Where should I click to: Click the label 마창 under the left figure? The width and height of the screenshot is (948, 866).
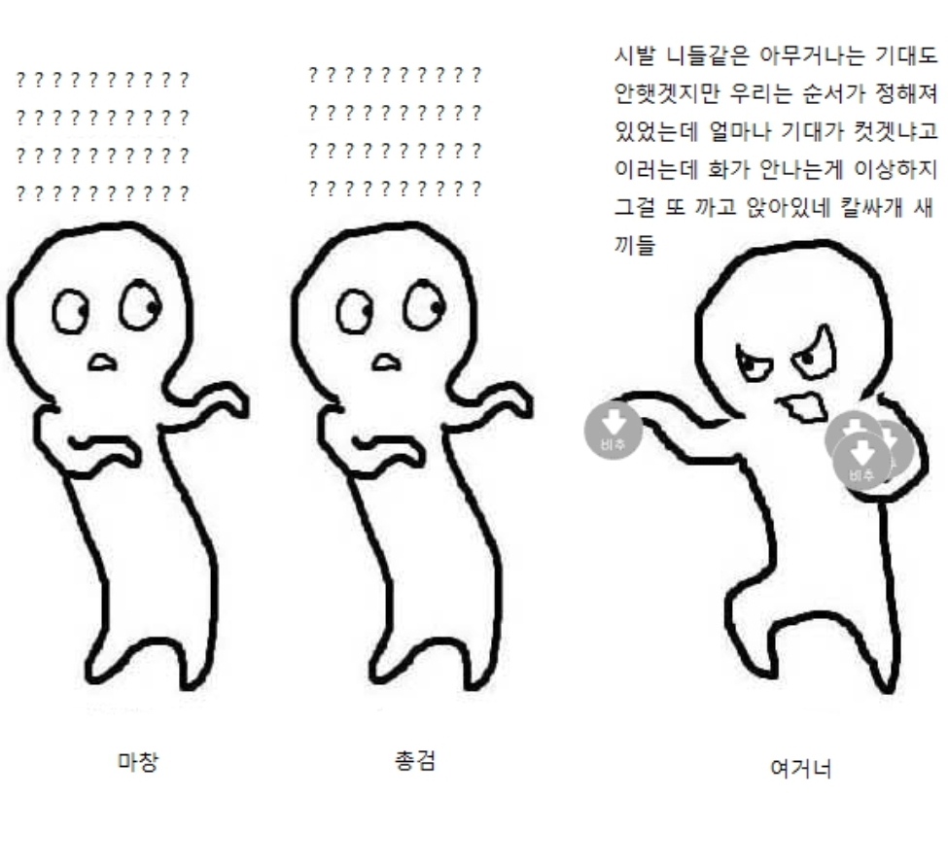click(x=138, y=761)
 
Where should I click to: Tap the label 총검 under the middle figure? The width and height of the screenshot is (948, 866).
click(x=415, y=760)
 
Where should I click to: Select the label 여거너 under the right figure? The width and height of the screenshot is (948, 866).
click(x=801, y=768)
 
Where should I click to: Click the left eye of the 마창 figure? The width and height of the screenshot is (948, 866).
click(x=71, y=311)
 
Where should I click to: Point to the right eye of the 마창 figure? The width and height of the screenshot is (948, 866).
click(x=140, y=305)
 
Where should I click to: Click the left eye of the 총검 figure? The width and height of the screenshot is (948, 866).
click(x=354, y=311)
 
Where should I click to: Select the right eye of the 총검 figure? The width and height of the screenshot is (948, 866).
click(x=424, y=305)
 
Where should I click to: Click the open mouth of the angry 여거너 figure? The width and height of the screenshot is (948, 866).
click(x=803, y=407)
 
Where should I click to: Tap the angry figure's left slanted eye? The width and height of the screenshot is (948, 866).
click(x=754, y=364)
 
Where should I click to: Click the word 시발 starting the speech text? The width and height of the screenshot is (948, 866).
click(x=634, y=55)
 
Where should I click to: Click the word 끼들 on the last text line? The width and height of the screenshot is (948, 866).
click(x=635, y=245)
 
